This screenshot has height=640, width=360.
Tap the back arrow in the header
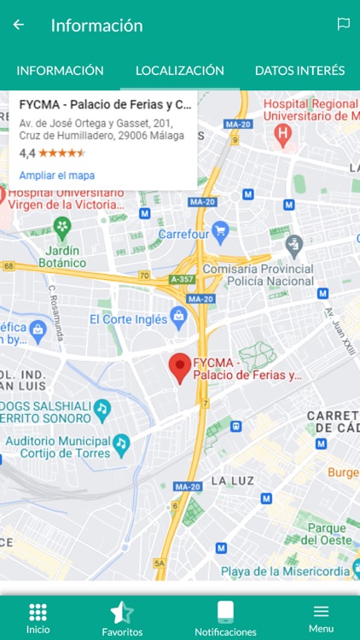(19, 25)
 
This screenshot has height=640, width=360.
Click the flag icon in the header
(343, 25)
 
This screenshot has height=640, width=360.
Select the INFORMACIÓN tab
(60, 71)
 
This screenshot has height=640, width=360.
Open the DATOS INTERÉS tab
(299, 71)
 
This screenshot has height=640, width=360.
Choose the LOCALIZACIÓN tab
(180, 71)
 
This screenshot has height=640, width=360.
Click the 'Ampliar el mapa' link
(57, 176)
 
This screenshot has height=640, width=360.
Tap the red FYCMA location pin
(179, 368)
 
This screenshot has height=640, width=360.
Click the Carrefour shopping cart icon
(220, 229)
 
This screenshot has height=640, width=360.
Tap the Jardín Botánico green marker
(61, 227)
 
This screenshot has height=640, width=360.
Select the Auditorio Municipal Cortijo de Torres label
(58, 446)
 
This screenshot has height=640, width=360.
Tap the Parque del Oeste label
(327, 533)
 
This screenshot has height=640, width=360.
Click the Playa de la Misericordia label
(285, 572)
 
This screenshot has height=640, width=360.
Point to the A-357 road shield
(183, 279)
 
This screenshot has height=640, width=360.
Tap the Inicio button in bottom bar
(38, 618)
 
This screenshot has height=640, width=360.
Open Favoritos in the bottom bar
(122, 618)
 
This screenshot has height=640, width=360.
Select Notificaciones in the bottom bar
(225, 618)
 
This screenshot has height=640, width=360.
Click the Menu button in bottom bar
(321, 618)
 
